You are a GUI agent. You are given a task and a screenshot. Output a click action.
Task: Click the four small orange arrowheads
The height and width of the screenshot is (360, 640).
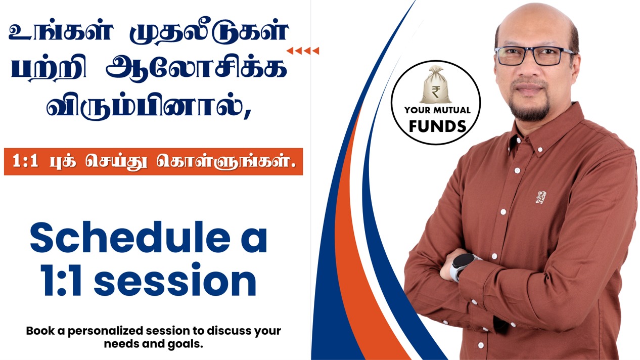pyautogui.click(x=303, y=51)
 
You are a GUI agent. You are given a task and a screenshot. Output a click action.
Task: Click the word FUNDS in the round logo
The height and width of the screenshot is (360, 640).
pyautogui.click(x=437, y=126)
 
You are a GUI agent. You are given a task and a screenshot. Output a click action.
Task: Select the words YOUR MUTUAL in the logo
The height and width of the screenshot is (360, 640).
pyautogui.click(x=437, y=110)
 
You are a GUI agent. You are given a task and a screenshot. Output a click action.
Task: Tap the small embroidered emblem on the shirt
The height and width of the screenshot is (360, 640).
pyautogui.click(x=541, y=197)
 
